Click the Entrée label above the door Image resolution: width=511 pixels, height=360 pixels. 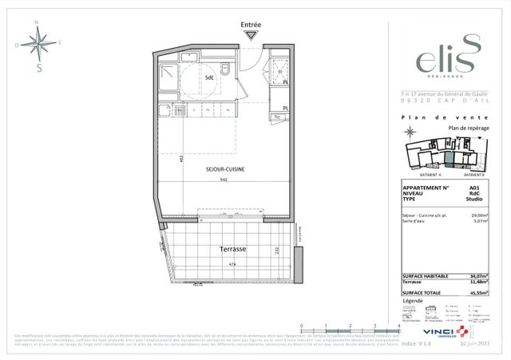pos(252,26)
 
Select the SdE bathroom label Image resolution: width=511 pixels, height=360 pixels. pos(208,77)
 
